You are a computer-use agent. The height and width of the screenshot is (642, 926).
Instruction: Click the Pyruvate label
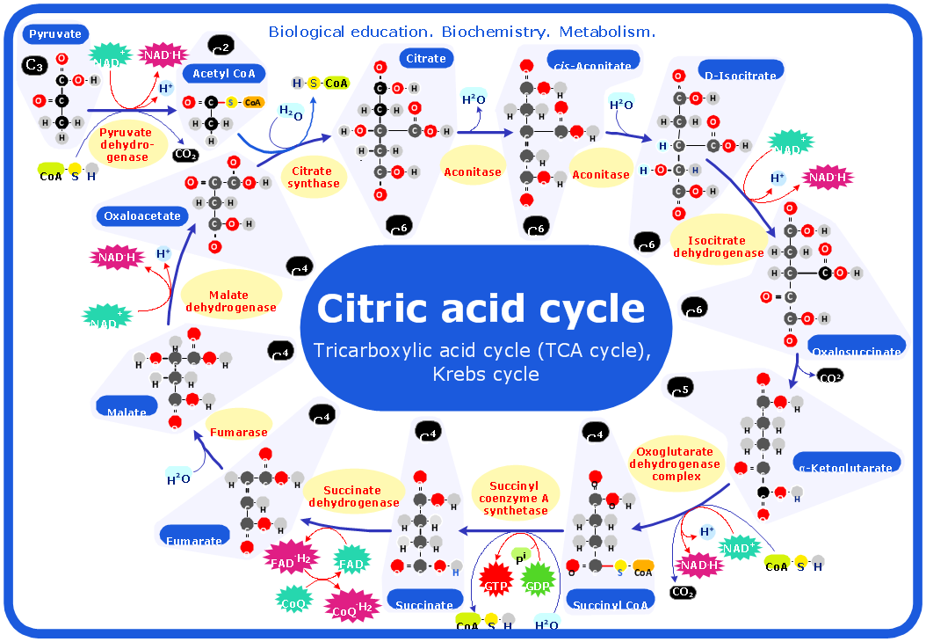tap(55, 34)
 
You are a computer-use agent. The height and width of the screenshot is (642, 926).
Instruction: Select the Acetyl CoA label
tap(223, 74)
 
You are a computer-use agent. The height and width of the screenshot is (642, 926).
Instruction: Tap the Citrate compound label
tap(426, 59)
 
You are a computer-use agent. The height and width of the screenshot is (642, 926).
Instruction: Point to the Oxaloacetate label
tap(141, 215)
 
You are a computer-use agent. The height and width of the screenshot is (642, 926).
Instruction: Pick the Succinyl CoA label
tap(611, 603)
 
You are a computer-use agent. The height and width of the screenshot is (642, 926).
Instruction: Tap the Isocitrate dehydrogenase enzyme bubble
tap(718, 246)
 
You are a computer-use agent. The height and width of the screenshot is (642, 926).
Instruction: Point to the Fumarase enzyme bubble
tap(238, 432)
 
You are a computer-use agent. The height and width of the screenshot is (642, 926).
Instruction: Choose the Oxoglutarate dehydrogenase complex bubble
tap(676, 464)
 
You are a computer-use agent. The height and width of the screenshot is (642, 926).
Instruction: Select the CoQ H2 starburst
tap(351, 605)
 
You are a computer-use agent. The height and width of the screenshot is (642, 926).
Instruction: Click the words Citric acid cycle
tap(481, 308)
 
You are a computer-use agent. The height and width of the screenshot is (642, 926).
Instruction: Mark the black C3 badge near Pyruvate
tap(34, 65)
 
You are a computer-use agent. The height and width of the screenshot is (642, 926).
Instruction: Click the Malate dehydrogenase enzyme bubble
tap(230, 301)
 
